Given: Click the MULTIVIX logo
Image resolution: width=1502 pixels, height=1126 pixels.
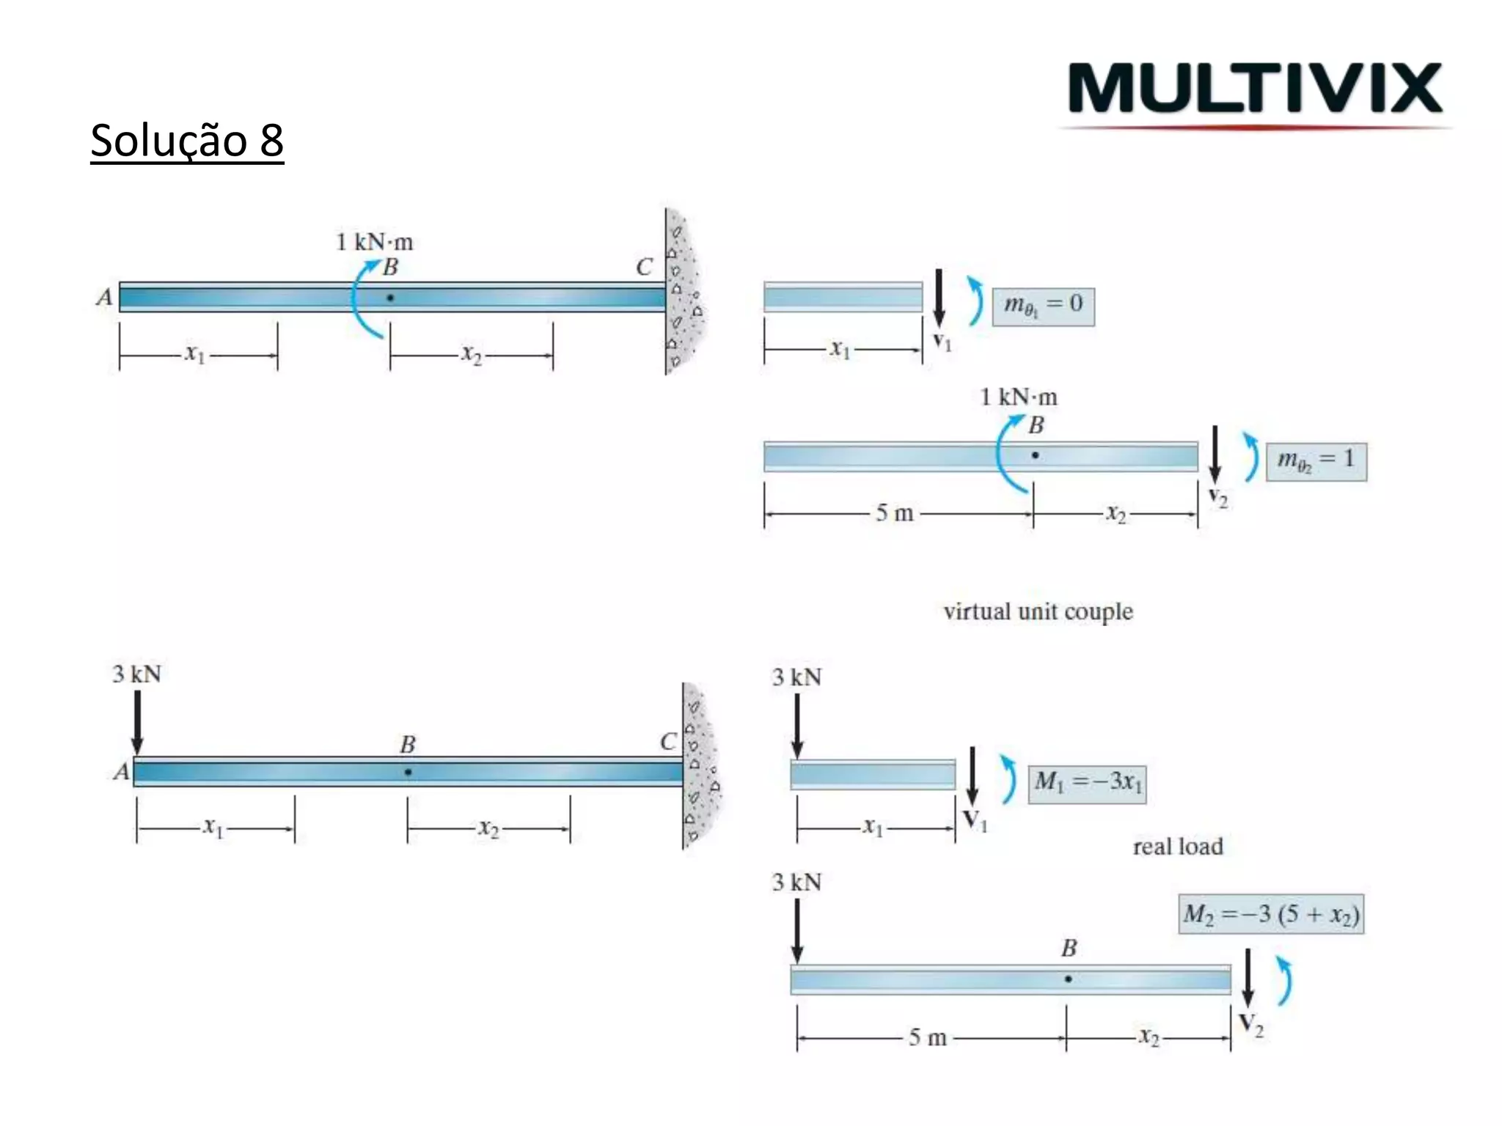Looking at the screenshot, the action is [x=1255, y=89].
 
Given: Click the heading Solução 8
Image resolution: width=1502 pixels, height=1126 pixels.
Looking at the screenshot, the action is [x=187, y=140].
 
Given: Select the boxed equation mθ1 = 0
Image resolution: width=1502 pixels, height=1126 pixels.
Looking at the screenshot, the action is [x=1043, y=306].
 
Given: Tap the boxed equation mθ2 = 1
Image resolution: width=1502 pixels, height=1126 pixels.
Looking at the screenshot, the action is [x=1316, y=461].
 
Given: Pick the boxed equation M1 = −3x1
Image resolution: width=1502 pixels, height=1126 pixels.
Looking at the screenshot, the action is [x=1087, y=784].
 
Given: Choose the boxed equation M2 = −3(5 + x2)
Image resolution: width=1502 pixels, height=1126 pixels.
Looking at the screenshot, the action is [x=1271, y=914].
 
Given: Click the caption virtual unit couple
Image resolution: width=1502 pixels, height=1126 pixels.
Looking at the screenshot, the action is [x=1038, y=612].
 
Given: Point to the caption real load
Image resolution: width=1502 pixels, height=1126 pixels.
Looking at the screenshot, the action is [x=1178, y=847].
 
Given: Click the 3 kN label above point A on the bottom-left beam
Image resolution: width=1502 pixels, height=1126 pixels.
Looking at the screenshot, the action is [x=136, y=674].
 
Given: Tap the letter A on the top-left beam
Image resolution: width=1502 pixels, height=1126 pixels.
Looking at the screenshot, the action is [x=105, y=297].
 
